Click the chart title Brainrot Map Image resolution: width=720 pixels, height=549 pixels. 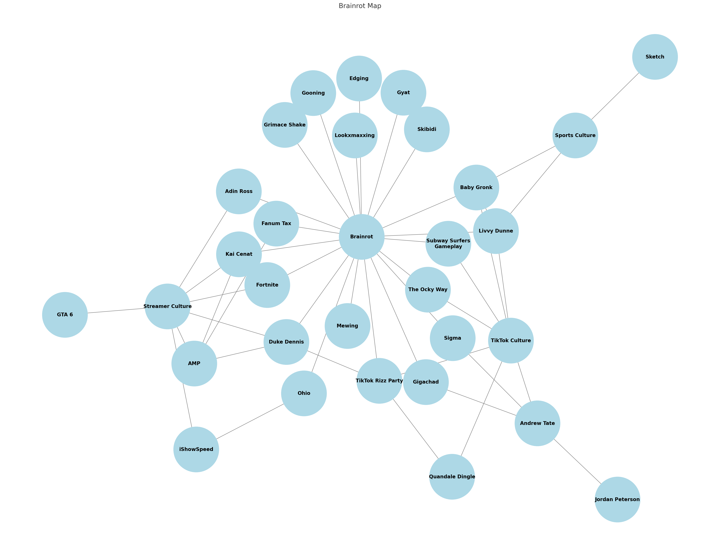coord(360,6)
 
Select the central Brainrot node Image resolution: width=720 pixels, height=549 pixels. coord(361,237)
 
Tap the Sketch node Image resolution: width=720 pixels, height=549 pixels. coord(655,57)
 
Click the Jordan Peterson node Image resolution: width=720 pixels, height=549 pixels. coord(617,499)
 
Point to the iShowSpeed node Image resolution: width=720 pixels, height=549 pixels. coord(196,449)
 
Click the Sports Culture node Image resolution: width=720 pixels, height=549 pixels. coord(575,135)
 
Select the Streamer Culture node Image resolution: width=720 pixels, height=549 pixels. coord(167,306)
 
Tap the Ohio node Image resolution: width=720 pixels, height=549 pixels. coord(304,393)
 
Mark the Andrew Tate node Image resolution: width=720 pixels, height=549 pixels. coord(537,423)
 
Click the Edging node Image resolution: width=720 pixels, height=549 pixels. coord(359,78)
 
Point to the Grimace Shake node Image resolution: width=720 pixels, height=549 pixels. coord(285,125)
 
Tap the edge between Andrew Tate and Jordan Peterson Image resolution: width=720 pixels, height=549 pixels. coord(577,461)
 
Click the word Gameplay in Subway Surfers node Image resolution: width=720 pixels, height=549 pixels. coord(448,247)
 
